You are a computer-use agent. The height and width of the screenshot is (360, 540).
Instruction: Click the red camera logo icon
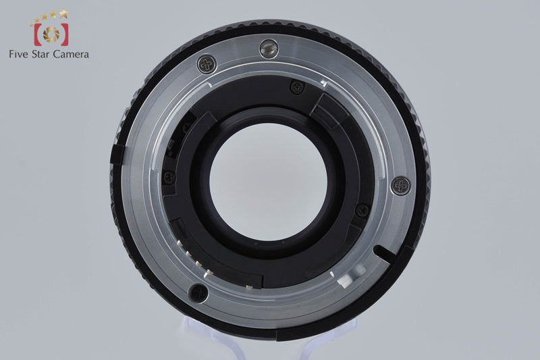[51, 34]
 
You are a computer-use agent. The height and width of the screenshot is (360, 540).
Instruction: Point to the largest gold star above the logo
[63, 13]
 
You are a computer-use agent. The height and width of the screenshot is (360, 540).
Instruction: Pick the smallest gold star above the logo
[31, 24]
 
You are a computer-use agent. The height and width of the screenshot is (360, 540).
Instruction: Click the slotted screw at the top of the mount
[269, 49]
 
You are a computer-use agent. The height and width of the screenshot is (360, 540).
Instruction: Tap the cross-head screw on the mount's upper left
[207, 64]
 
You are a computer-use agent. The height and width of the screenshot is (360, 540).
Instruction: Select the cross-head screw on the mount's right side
[401, 186]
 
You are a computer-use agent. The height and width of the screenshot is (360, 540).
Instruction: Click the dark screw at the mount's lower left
[198, 293]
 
